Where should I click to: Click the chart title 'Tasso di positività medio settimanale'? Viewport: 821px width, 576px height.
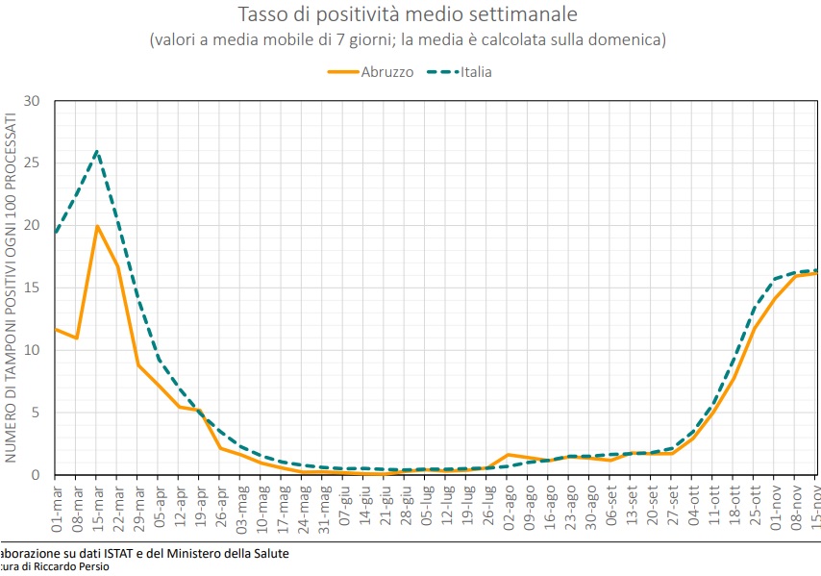pyautogui.click(x=408, y=14)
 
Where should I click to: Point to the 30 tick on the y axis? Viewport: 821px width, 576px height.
pyautogui.click(x=35, y=101)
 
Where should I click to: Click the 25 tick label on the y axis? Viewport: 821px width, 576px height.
pyautogui.click(x=35, y=163)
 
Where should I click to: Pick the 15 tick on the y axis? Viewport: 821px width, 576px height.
pyautogui.click(x=35, y=288)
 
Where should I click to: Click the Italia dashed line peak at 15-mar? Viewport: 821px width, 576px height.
pyautogui.click(x=97, y=151)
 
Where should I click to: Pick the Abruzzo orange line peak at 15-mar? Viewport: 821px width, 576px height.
pyautogui.click(x=97, y=227)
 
